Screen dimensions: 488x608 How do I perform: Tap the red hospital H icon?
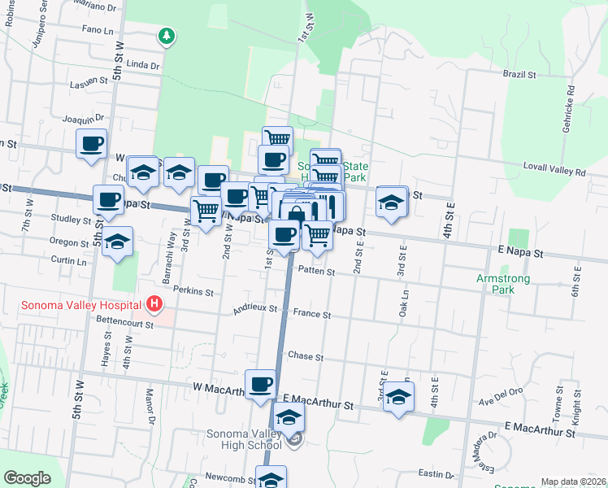(154, 306)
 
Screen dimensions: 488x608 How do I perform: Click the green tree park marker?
(166, 36)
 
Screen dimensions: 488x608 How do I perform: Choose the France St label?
(312, 314)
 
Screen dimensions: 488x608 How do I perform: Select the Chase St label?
(306, 357)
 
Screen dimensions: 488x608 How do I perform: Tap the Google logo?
(27, 478)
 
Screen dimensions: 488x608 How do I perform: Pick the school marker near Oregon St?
(118, 241)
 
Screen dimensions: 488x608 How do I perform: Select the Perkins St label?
(194, 291)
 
